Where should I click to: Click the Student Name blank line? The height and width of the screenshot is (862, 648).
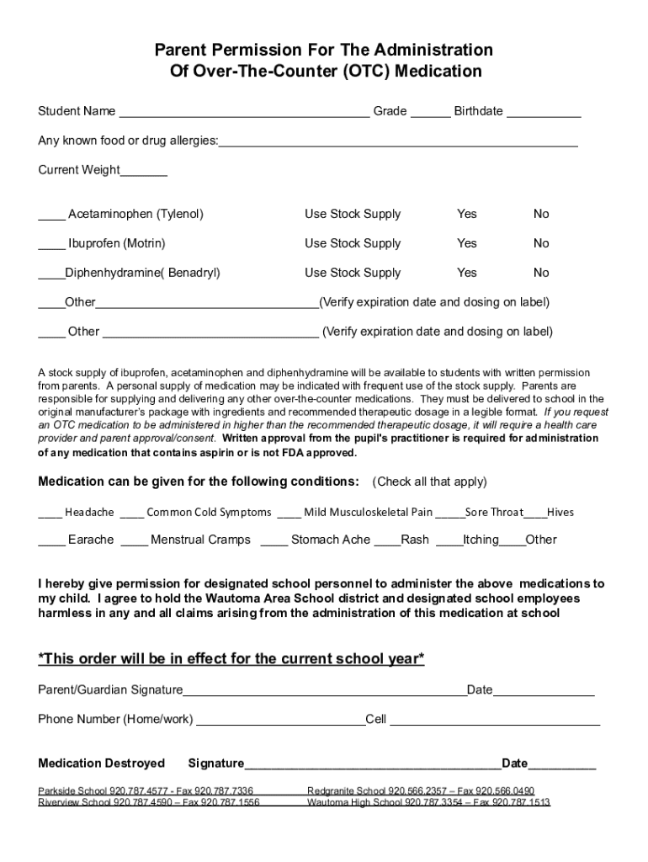point(244,113)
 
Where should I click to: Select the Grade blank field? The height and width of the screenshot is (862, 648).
point(430,113)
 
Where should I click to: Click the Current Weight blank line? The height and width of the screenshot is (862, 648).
point(144,172)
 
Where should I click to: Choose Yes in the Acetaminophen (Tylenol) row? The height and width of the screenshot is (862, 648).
point(466,214)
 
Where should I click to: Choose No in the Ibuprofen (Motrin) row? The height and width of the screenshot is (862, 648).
point(541,243)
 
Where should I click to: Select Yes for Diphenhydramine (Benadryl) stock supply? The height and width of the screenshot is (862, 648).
point(466,273)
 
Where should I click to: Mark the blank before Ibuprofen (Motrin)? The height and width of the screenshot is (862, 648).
point(51,245)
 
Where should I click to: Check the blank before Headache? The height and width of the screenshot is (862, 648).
point(50,513)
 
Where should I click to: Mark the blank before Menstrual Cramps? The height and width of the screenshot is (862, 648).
point(135,541)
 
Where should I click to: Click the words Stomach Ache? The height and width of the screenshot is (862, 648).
point(330,540)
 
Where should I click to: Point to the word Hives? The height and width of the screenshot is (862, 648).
point(560,512)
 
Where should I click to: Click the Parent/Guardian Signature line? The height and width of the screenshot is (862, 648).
point(324,692)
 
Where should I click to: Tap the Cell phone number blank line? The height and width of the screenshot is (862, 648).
point(494,721)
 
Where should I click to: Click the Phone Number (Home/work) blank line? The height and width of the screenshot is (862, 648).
point(279,721)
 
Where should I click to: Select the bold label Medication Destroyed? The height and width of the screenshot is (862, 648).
point(102,764)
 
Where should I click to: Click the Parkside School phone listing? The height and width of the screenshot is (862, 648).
point(146,791)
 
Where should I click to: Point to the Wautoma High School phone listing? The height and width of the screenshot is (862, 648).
point(428,802)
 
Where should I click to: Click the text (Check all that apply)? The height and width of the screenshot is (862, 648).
point(429,482)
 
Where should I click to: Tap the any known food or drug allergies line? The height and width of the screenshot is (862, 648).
point(398,142)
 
